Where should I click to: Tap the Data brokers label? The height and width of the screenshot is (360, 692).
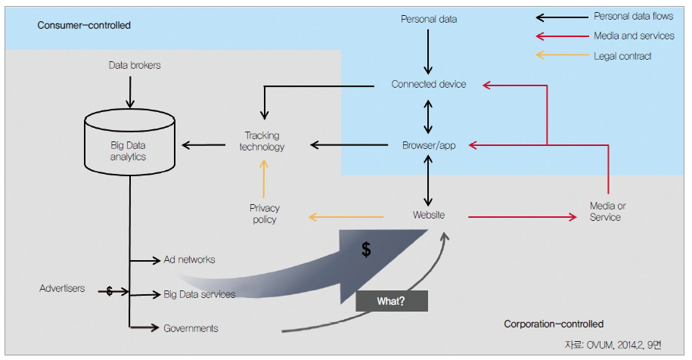click(x=135, y=66)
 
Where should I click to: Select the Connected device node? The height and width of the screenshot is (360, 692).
click(x=429, y=85)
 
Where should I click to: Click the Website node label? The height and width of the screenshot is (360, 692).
click(x=429, y=216)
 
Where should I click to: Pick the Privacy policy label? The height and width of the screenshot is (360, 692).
click(x=265, y=213)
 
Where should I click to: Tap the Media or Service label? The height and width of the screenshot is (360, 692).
click(x=607, y=212)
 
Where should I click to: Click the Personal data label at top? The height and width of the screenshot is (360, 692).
click(x=429, y=19)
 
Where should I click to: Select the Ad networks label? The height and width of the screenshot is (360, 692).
click(x=189, y=260)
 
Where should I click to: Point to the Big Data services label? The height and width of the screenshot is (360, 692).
click(x=199, y=294)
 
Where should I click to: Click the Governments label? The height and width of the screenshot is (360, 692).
click(x=191, y=328)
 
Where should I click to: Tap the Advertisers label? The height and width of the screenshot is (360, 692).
click(x=62, y=289)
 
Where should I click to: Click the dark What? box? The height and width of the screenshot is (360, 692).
click(x=392, y=301)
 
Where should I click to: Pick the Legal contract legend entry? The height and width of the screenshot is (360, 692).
click(x=622, y=55)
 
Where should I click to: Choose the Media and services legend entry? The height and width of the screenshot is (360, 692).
click(x=634, y=36)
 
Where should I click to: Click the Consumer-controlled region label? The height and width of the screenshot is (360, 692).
click(x=84, y=26)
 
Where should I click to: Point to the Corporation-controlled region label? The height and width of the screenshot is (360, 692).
click(x=554, y=324)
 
